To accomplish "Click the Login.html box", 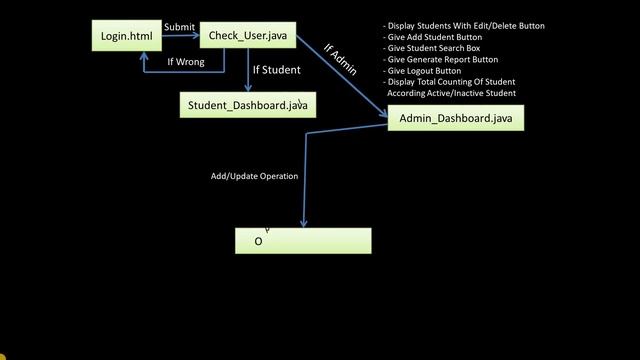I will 127,37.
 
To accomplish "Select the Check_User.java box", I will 248,37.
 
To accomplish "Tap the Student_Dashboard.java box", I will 248,105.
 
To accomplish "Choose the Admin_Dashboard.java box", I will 455,118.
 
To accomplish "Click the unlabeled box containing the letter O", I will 303,241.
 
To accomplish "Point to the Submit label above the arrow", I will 180,27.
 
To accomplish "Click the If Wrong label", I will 186,62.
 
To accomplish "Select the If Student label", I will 276,70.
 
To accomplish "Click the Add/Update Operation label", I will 254,176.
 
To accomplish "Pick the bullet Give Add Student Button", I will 438,37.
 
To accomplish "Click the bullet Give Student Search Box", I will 440,48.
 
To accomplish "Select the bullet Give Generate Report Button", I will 444,59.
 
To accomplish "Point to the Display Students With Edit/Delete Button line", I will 464,26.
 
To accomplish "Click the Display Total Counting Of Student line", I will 451,81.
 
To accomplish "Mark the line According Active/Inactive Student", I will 451,93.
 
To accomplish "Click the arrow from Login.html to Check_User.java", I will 180,36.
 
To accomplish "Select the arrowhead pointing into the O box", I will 303,223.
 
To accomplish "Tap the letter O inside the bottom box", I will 258,241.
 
